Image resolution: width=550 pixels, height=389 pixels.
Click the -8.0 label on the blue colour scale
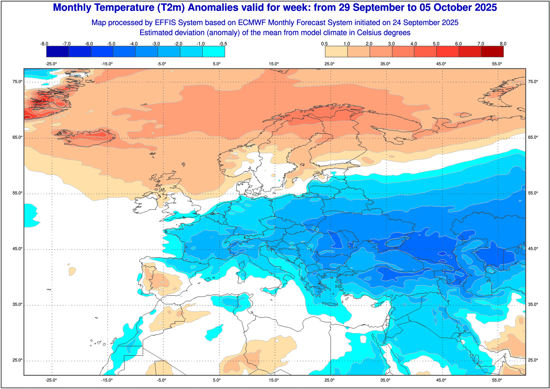pos(44,44)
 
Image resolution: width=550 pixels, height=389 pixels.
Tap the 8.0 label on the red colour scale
pos(503,44)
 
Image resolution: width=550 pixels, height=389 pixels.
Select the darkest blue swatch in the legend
pos(58,52)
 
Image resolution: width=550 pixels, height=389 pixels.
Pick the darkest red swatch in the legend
pos(492,52)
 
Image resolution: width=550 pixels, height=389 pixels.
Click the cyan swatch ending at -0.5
pos(213,52)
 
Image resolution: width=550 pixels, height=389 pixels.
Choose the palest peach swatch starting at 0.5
pos(336,52)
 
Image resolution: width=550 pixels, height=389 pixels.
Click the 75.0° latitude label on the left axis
pos(18,82)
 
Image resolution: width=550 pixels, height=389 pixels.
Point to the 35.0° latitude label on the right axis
pos(533,305)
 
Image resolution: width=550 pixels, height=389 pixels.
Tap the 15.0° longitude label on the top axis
pos(274,64)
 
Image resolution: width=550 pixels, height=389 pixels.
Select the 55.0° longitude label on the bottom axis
pos(497,380)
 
